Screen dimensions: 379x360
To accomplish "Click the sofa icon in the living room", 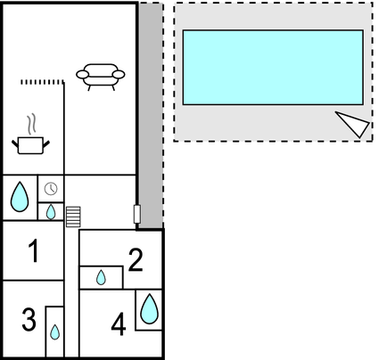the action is pos(101,77).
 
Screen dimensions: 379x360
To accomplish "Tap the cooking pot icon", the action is pos(30,145).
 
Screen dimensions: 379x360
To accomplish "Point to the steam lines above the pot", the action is pos(31,124).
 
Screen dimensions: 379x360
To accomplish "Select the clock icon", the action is pos(51,189).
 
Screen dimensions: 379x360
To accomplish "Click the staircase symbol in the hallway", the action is pos(73,217).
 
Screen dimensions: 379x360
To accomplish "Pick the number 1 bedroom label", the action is pos(34,250).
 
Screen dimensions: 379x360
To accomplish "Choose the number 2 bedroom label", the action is pos(136,260).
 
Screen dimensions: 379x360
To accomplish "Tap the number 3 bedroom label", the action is pos(29,320).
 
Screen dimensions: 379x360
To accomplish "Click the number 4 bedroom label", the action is pos(119,324).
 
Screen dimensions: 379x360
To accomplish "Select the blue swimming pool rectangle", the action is pos(273,68).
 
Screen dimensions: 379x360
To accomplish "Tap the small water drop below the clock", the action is pos(51,212).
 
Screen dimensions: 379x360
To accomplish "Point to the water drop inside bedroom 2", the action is pos(101,277).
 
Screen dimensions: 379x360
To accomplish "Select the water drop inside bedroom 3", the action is pos(54,332).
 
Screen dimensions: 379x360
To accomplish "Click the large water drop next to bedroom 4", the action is pos(149,309).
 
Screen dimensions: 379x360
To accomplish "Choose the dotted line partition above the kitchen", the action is pos(43,82).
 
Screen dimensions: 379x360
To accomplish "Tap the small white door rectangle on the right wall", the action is pos(137,214).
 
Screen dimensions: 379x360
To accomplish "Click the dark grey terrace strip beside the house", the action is pos(151,116).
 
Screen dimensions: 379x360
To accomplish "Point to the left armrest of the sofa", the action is pos(82,74).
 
